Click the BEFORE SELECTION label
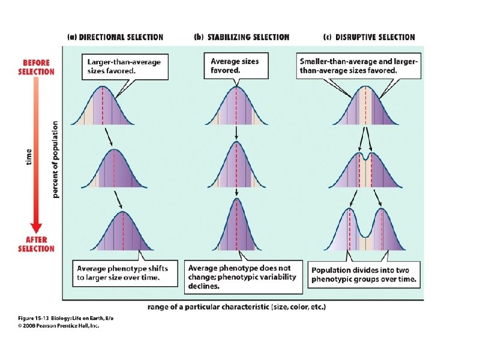point(37,67)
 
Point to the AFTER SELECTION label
point(36,244)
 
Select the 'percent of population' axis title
point(55,158)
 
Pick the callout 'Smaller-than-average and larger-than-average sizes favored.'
point(359,65)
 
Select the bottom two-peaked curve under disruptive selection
point(366,231)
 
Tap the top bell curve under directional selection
point(103,108)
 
